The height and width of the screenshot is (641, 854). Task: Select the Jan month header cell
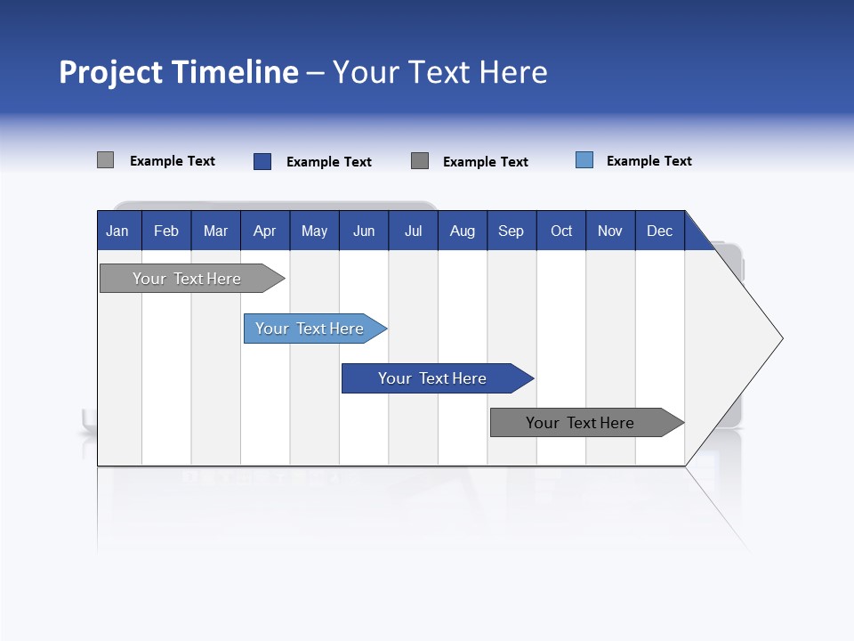pyautogui.click(x=117, y=231)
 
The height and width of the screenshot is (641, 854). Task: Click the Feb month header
pyautogui.click(x=166, y=231)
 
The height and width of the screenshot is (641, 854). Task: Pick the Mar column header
pyautogui.click(x=215, y=231)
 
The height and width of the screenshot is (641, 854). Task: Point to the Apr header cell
pyautogui.click(x=265, y=231)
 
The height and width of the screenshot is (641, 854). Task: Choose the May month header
pyautogui.click(x=314, y=231)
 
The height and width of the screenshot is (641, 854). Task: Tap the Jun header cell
pyautogui.click(x=364, y=231)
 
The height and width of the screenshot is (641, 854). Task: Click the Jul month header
pyautogui.click(x=413, y=231)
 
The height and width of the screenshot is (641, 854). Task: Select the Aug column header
pyautogui.click(x=463, y=231)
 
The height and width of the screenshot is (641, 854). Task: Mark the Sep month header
pyautogui.click(x=512, y=231)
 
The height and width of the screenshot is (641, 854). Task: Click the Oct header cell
pyautogui.click(x=561, y=231)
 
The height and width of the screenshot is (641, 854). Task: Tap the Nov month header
pyautogui.click(x=610, y=231)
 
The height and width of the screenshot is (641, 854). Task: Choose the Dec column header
pyautogui.click(x=660, y=231)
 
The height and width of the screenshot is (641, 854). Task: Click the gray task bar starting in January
pyautogui.click(x=187, y=279)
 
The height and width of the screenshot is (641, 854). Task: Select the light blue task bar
pyautogui.click(x=310, y=329)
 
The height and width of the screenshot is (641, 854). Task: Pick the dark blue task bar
pyautogui.click(x=432, y=378)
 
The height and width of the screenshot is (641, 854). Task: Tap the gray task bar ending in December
pyautogui.click(x=580, y=423)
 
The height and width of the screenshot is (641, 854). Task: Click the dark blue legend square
pyautogui.click(x=262, y=161)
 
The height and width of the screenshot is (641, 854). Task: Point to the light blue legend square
pyautogui.click(x=584, y=160)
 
